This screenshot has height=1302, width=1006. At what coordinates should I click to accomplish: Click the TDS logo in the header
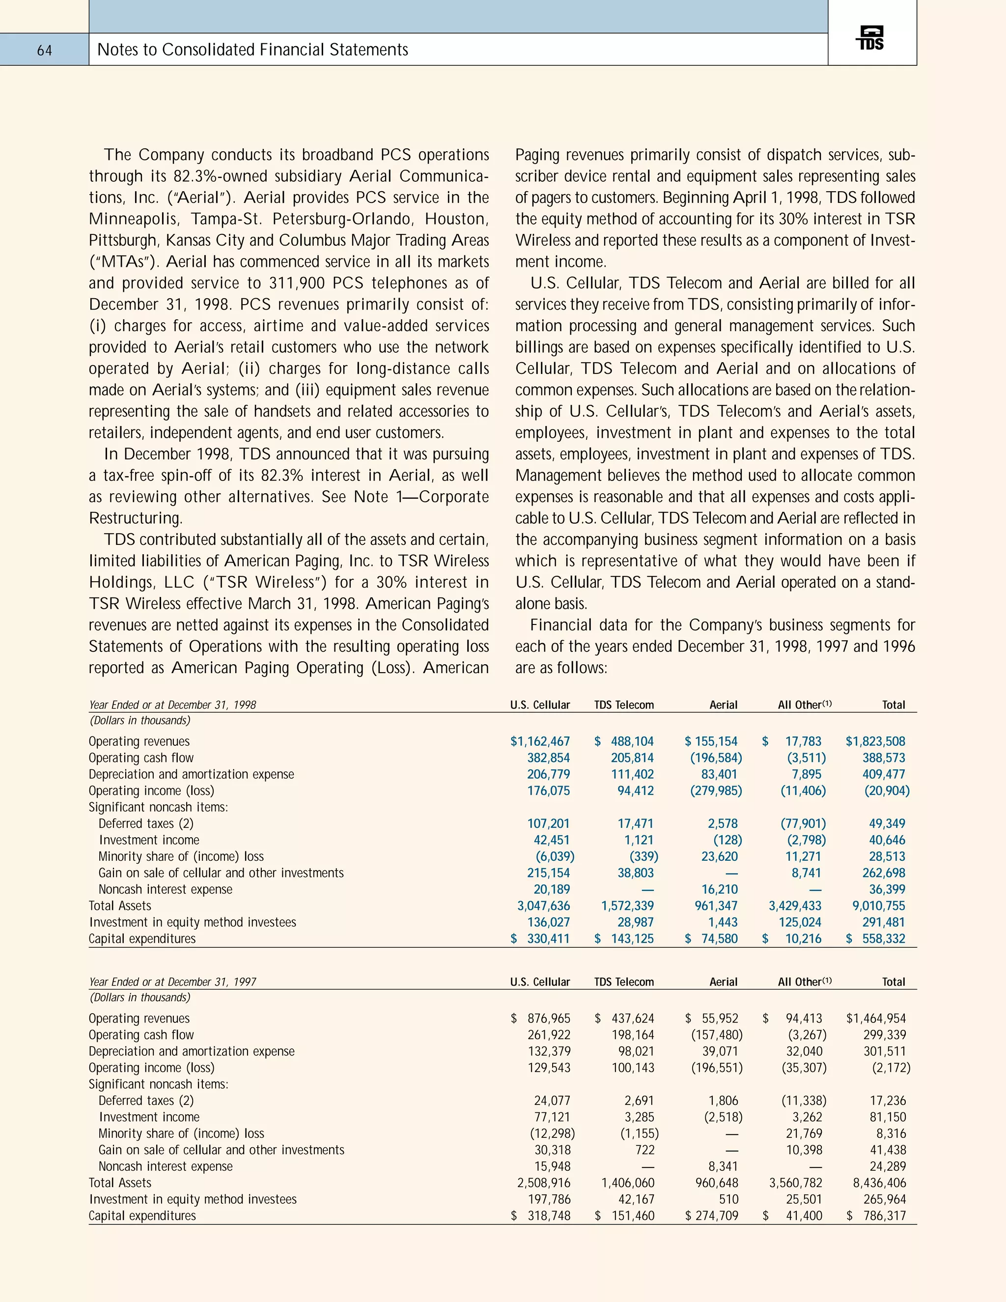[x=871, y=39]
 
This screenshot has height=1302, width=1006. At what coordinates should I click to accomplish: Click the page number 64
[x=45, y=51]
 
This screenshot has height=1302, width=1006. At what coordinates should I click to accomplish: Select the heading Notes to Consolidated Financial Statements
[x=252, y=50]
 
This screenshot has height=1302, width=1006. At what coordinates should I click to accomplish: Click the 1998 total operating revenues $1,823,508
[x=875, y=741]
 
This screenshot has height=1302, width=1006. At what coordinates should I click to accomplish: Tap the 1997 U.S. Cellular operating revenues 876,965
[x=548, y=1018]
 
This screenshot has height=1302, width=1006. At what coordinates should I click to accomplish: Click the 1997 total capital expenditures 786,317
[x=884, y=1216]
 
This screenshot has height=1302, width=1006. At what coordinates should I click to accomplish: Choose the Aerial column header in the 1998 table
[x=723, y=705]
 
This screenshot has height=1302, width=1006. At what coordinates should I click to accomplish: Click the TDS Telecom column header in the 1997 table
[x=624, y=982]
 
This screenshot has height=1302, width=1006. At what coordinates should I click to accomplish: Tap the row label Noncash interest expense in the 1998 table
[x=165, y=889]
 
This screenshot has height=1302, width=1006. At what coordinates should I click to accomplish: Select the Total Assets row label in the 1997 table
[x=120, y=1183]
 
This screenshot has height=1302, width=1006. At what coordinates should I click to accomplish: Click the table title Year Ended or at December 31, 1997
[x=173, y=982]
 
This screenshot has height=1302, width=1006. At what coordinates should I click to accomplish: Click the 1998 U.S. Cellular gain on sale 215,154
[x=548, y=873]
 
